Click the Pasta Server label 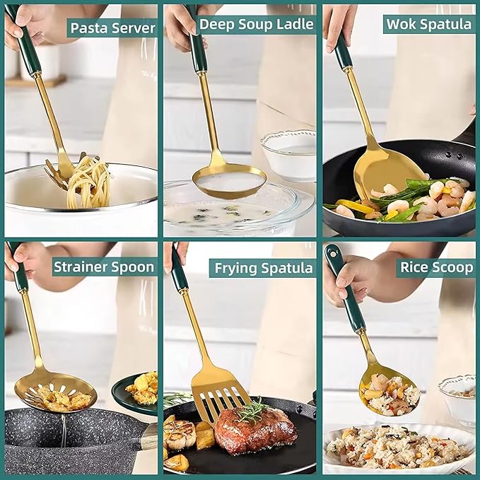point(112,28)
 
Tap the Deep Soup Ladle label point(256,24)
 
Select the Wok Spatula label point(428,24)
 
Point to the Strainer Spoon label point(103,267)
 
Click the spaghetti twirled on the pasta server point(89,182)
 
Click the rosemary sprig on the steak point(252,411)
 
